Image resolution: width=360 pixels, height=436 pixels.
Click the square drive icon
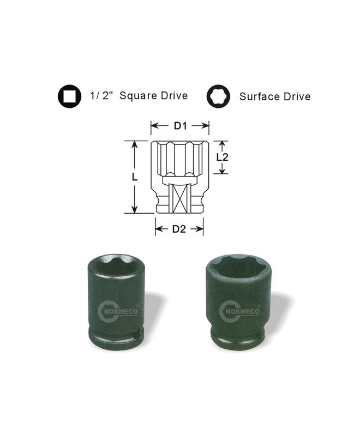(x=70, y=96)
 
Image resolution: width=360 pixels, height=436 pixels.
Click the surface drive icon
(x=218, y=96)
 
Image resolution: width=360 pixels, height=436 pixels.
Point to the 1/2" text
(x=100, y=96)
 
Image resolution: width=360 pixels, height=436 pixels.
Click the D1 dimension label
(x=180, y=126)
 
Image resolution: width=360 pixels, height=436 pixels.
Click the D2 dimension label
(x=179, y=229)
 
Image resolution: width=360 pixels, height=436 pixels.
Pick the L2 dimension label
(x=223, y=158)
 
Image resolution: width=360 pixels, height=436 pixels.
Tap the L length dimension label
(x=134, y=177)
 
